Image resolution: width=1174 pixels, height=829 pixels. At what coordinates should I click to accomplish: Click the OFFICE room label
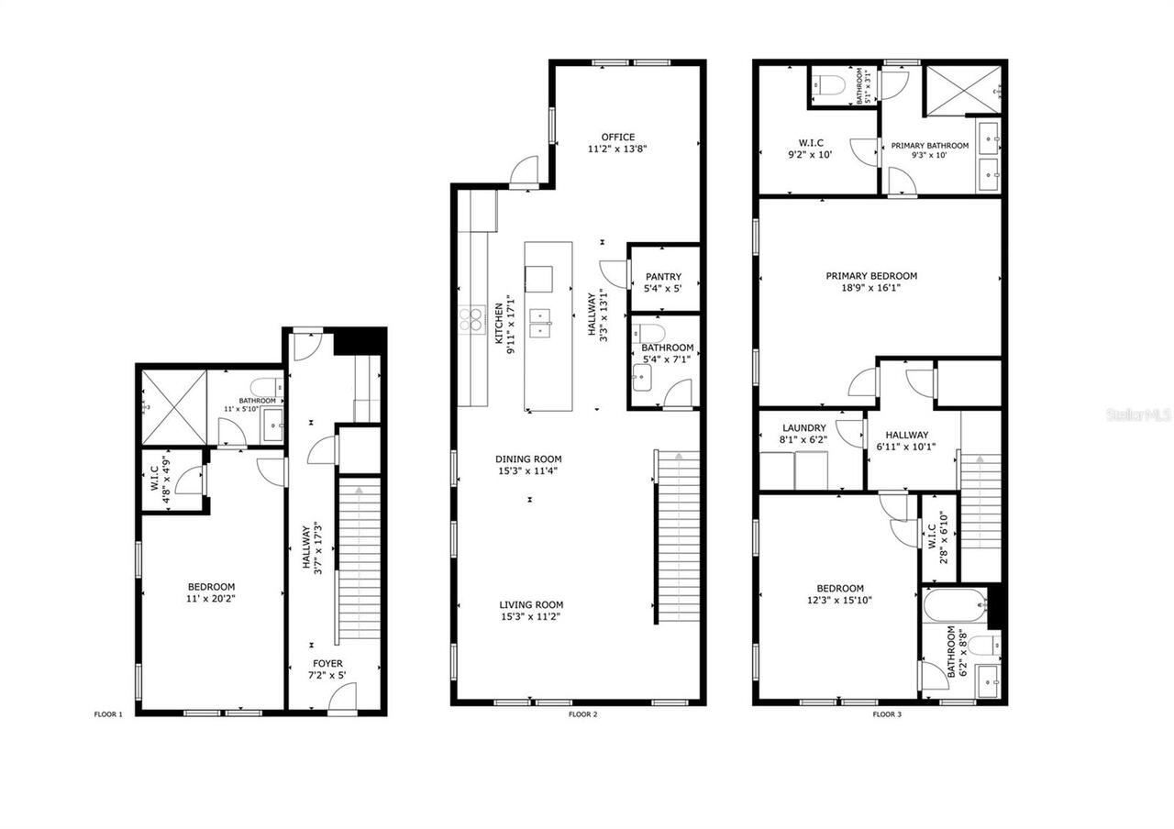617,138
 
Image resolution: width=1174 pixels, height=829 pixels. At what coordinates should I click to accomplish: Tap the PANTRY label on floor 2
663,277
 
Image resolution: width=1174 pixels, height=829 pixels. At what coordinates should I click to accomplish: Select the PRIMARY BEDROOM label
870,276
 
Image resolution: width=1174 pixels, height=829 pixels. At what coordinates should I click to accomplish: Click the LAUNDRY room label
803,428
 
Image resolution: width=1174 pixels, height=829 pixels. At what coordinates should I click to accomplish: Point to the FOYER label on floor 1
327,663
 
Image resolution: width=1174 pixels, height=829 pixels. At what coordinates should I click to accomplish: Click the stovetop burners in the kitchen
471,318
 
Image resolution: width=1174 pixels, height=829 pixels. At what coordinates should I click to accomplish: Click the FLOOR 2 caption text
582,713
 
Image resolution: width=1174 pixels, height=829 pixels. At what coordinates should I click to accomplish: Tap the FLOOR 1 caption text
108,713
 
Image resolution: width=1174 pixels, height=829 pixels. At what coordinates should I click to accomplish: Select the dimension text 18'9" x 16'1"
870,288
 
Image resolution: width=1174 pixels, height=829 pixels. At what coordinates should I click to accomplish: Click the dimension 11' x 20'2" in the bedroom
211,600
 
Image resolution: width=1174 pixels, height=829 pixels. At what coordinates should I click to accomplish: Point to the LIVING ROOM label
531,605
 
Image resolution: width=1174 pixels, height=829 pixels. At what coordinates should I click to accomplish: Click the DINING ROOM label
528,459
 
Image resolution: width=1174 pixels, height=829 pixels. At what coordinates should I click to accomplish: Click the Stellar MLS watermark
1137,415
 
